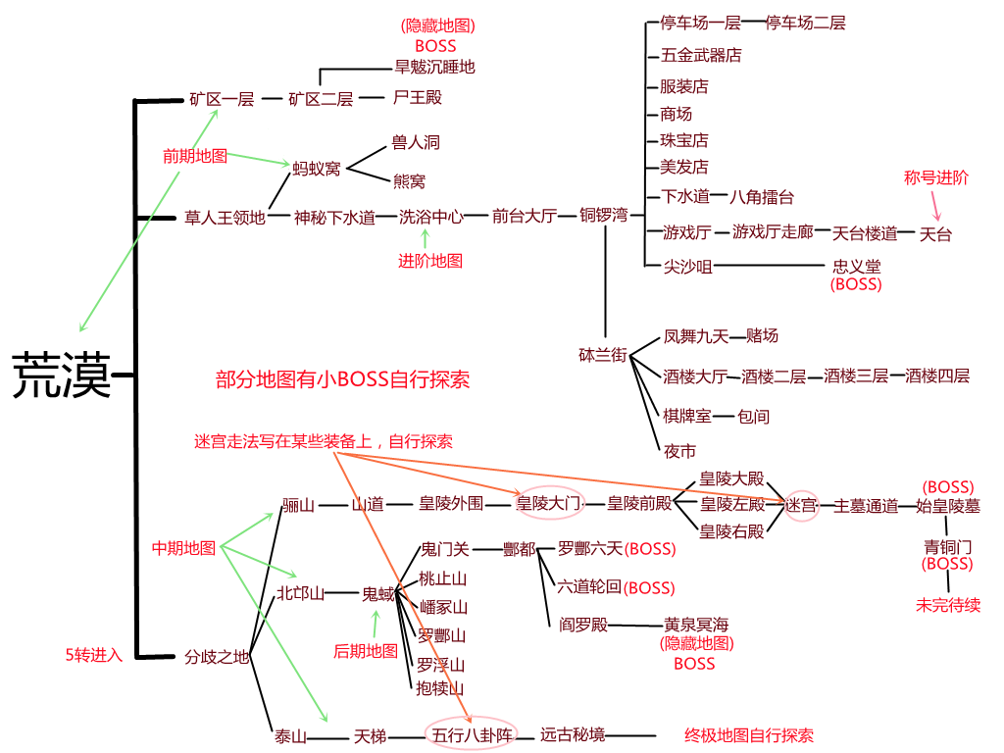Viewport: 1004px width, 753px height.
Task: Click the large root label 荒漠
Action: pos(62,376)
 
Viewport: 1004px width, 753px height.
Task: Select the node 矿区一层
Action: pos(222,99)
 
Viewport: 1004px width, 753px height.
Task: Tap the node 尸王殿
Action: pos(417,97)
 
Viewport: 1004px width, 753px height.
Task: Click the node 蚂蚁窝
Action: pos(317,168)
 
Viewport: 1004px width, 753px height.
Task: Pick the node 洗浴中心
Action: pos(430,217)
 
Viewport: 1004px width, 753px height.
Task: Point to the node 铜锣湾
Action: pos(603,216)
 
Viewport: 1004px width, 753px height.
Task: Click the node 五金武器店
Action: pos(701,55)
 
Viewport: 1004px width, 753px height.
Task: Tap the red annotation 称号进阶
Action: pos(935,177)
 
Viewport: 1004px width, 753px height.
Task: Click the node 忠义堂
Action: pos(856,266)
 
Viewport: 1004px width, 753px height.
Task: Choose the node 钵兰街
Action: pos(603,355)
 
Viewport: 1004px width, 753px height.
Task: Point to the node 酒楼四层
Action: pos(937,376)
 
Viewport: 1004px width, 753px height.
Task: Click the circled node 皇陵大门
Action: pos(548,504)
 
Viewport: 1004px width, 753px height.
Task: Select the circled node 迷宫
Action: pos(800,506)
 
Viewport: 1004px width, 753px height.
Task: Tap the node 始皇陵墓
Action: pos(947,506)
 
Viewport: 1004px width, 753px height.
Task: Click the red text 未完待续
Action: pos(947,605)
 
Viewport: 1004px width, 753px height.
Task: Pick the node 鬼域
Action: pos(377,593)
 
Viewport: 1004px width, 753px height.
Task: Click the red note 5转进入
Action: pos(93,655)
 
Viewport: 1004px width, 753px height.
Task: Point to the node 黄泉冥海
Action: pos(696,625)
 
